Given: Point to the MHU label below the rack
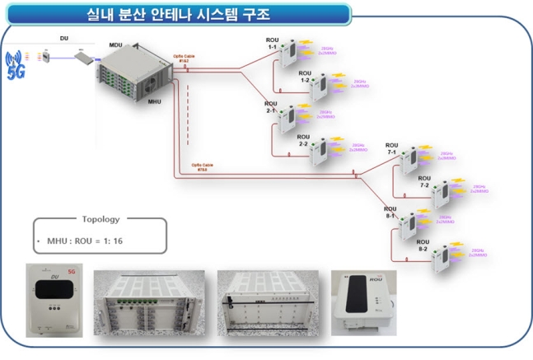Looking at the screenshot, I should coord(155,102).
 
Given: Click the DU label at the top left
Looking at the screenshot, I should coord(64,38).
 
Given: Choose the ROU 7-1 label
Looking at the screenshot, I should coord(391,149).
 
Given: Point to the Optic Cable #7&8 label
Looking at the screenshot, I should coord(203,166).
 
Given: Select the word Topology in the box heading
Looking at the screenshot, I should coord(101,220).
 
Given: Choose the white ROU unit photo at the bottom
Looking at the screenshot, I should coord(362,302).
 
